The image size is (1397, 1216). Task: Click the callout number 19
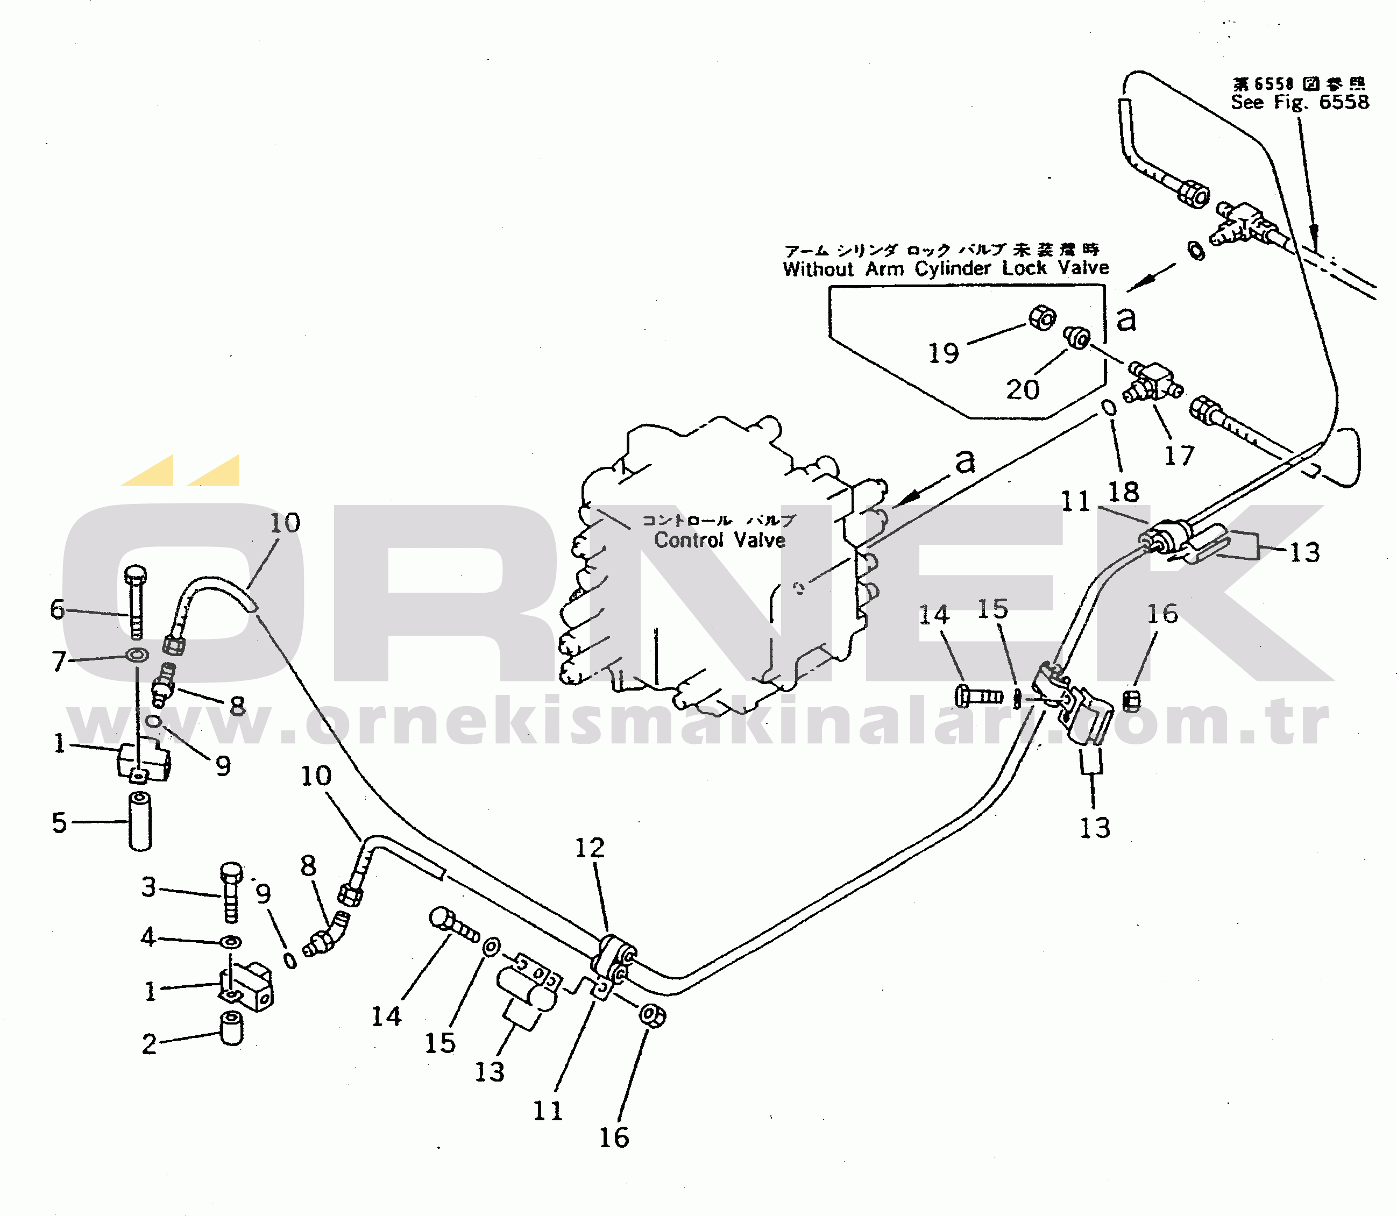click(943, 353)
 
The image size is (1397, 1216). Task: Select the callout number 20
click(1022, 389)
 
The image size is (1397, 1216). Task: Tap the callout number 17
click(1179, 456)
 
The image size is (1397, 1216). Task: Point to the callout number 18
click(1123, 492)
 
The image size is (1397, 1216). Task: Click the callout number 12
click(589, 848)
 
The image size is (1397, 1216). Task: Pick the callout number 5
click(60, 822)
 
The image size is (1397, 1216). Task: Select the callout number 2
click(148, 1044)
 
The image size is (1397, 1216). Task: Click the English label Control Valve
click(720, 540)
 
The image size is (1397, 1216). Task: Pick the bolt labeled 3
click(231, 892)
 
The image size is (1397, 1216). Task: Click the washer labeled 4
click(231, 943)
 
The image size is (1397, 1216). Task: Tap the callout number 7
click(59, 661)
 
